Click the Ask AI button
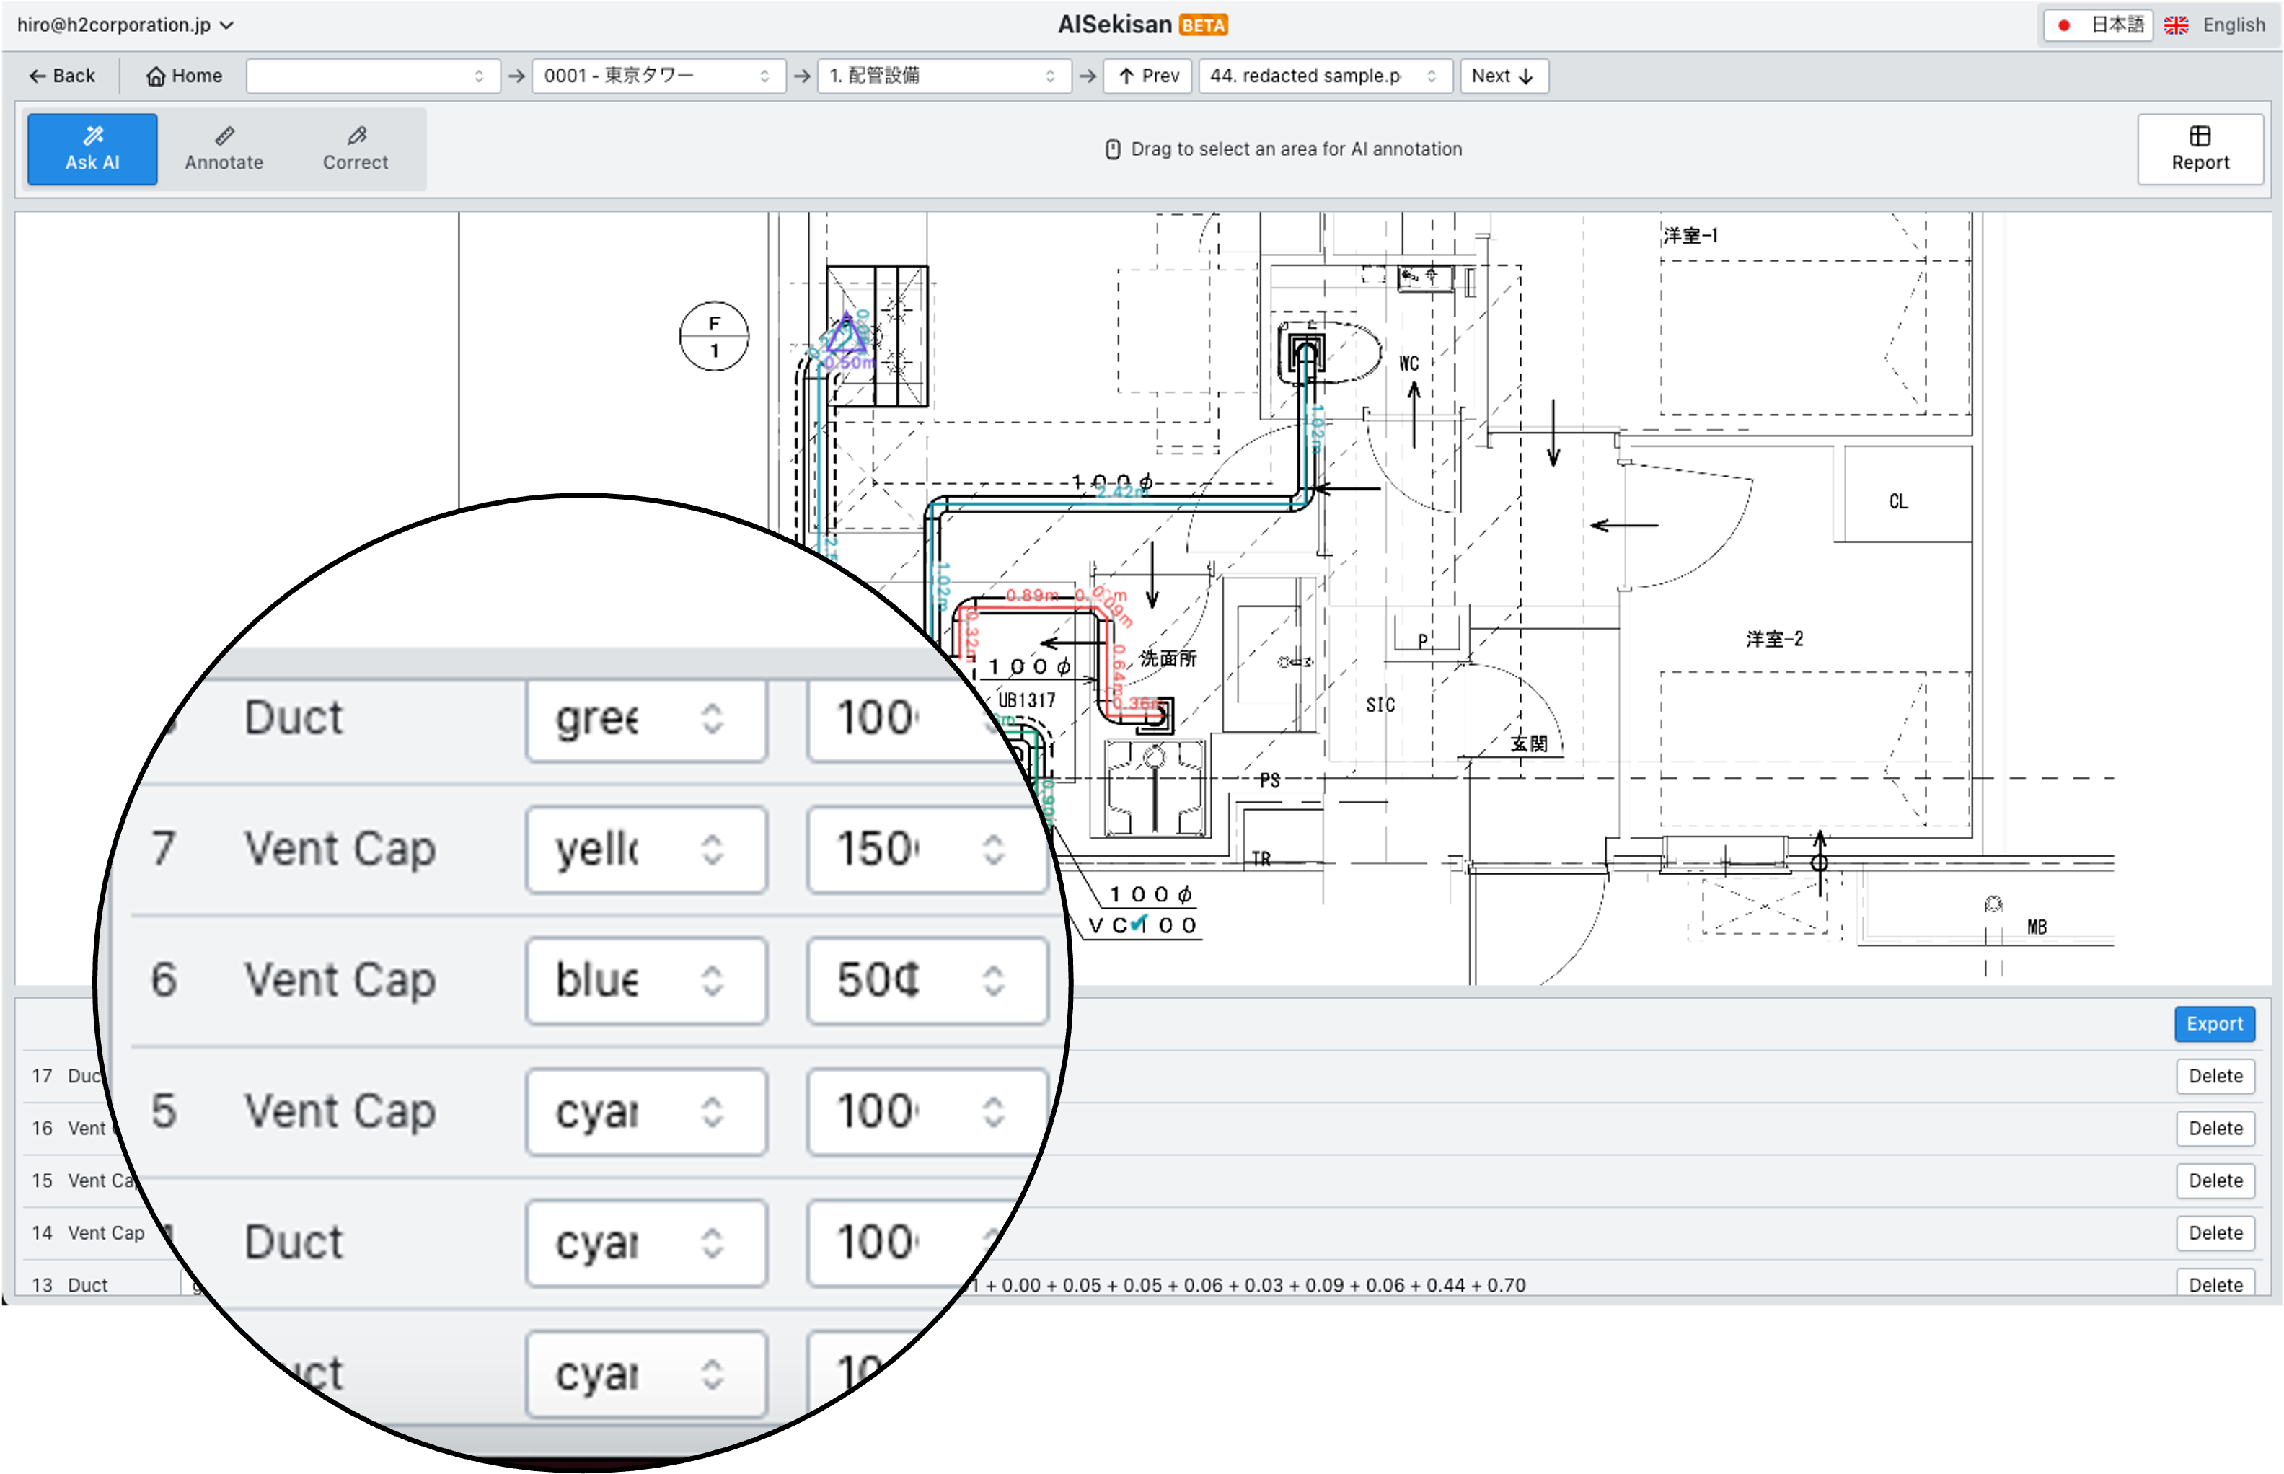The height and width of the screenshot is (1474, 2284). click(92, 149)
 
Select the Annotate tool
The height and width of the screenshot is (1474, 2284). click(224, 149)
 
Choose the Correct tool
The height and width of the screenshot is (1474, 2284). click(355, 149)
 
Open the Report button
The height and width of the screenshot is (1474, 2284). click(2200, 149)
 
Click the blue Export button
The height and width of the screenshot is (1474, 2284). click(2214, 1023)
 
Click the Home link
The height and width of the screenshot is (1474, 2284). click(184, 76)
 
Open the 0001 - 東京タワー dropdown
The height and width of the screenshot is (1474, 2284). click(657, 76)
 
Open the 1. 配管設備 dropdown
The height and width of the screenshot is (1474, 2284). click(942, 76)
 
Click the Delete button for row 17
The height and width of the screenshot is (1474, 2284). click(2215, 1076)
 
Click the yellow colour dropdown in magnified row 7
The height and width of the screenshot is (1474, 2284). click(646, 849)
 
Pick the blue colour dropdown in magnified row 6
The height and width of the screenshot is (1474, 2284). click(646, 980)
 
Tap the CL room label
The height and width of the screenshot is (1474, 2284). click(1898, 501)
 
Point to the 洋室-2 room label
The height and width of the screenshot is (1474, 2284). click(1774, 638)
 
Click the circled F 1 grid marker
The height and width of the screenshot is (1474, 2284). click(714, 337)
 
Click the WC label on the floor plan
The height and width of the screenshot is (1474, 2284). click(1408, 363)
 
